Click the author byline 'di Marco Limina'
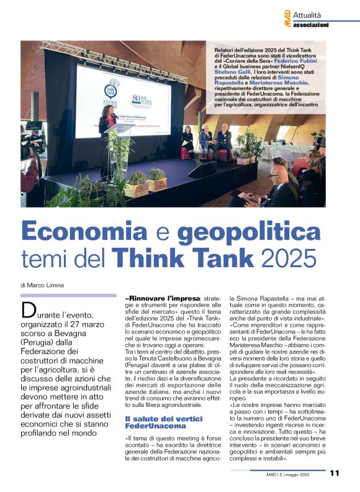42,285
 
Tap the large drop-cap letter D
29,311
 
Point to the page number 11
335,473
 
